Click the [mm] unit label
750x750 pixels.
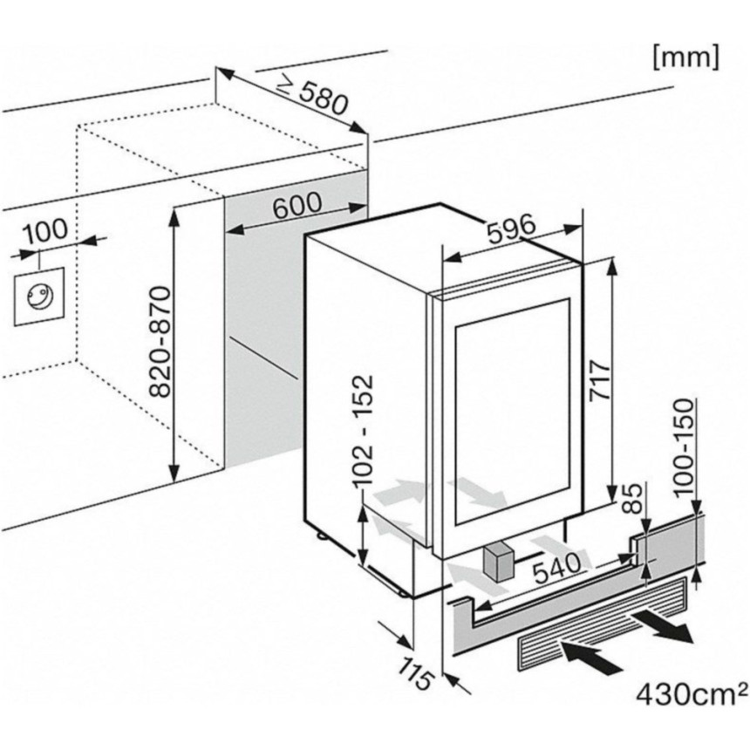point(685,57)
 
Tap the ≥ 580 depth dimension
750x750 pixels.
point(311,91)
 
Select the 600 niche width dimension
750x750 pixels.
point(297,207)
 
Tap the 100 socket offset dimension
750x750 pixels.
point(44,231)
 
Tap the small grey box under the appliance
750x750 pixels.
point(498,560)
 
